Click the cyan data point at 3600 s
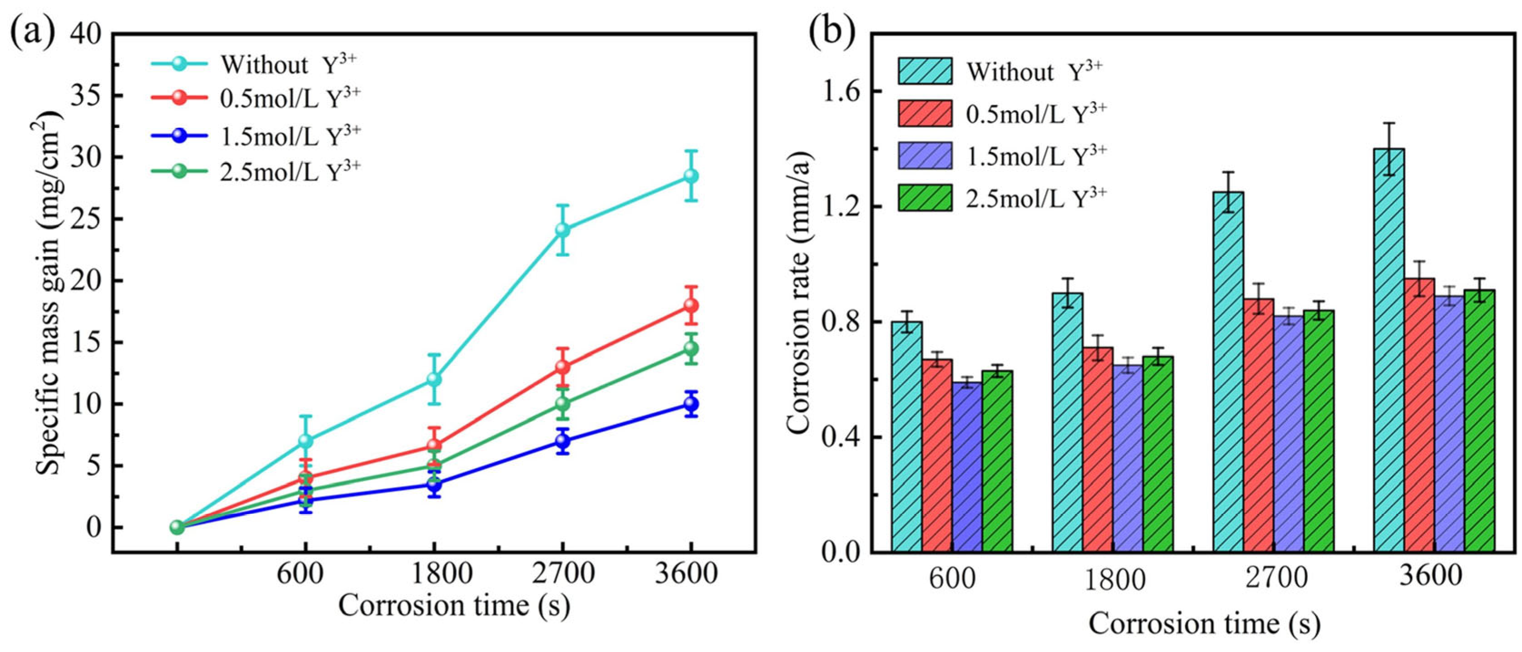[x=691, y=176]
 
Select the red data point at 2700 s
[x=562, y=367]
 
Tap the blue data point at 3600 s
[x=691, y=404]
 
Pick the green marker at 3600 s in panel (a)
[x=691, y=348]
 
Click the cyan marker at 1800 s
[x=434, y=378]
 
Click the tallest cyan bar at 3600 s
[x=1389, y=350]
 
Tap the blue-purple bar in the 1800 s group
[x=1128, y=458]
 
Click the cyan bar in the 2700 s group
[x=1228, y=372]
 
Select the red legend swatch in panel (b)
[x=925, y=113]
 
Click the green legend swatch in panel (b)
[x=925, y=198]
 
